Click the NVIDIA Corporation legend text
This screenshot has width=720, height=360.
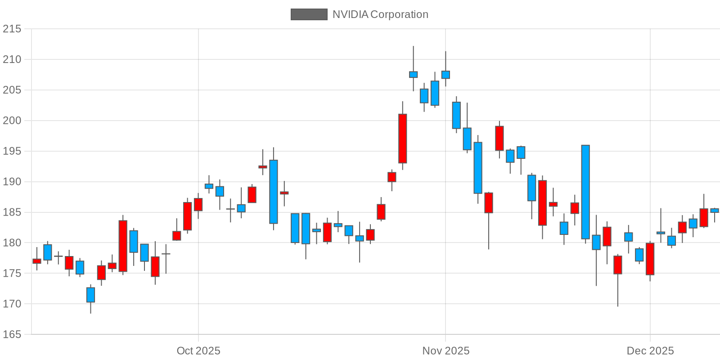coord(380,14)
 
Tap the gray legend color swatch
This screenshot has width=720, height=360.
coord(309,14)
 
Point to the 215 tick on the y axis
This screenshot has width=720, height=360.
coord(12,29)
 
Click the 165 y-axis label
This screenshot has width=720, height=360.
coord(12,334)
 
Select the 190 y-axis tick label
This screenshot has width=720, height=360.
coord(12,182)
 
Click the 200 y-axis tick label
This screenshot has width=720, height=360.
coord(12,121)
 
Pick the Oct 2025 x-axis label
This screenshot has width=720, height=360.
coord(198,351)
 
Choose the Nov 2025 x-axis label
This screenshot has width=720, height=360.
coord(445,351)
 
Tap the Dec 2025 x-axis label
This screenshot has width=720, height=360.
coord(650,351)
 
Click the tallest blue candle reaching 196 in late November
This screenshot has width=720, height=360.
coord(585,192)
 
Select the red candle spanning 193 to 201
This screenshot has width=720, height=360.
coord(402,139)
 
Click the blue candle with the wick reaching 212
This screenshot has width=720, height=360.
coord(413,74)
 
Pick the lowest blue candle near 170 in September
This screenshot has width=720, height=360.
coord(90,295)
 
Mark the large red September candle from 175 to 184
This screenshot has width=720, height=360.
coord(123,246)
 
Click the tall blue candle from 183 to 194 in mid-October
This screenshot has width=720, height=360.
coord(273,192)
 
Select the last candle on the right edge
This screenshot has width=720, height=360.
coord(715,210)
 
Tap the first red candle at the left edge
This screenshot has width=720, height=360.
coord(37,261)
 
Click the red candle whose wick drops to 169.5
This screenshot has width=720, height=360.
coord(618,265)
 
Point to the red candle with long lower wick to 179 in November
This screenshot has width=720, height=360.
coord(489,202)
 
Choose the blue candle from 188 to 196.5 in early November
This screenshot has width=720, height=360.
coord(478,168)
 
